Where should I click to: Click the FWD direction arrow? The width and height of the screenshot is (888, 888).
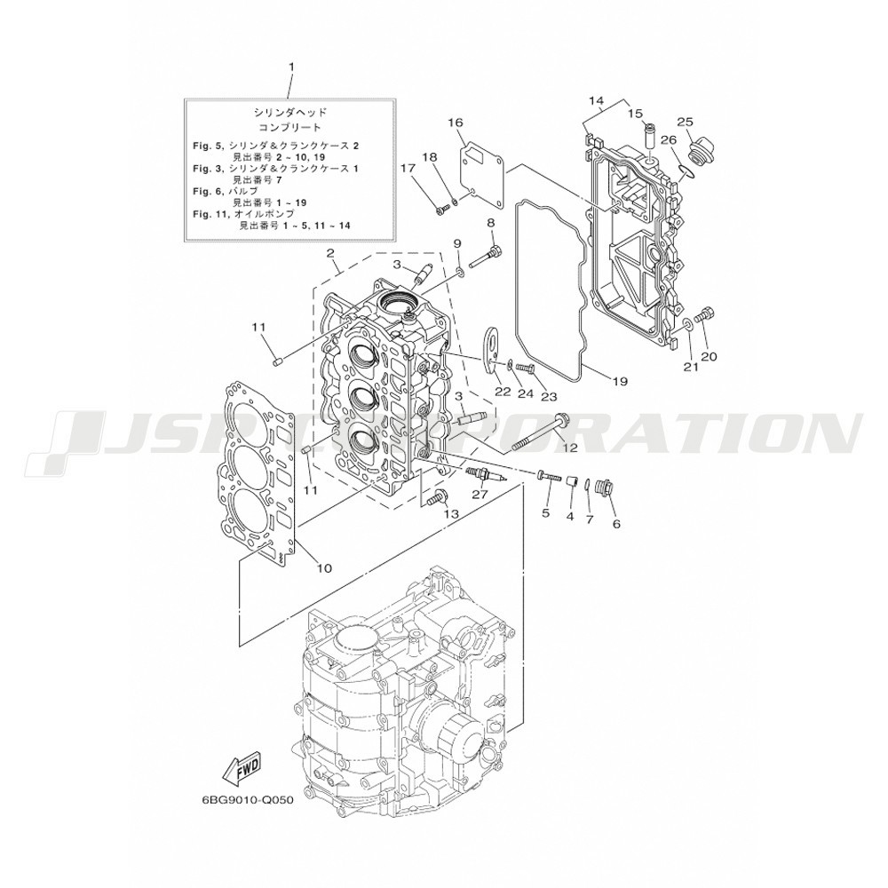coord(242,769)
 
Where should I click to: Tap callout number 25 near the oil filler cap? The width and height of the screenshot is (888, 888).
coord(685,122)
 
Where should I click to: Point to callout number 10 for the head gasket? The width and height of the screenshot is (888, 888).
coord(324,567)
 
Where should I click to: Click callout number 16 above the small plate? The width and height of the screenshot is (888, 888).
coord(456,123)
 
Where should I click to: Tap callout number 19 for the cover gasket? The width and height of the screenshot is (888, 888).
coord(620,381)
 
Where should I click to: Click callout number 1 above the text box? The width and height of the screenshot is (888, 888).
coord(291,67)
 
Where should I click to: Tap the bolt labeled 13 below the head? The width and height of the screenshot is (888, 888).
coord(436,496)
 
